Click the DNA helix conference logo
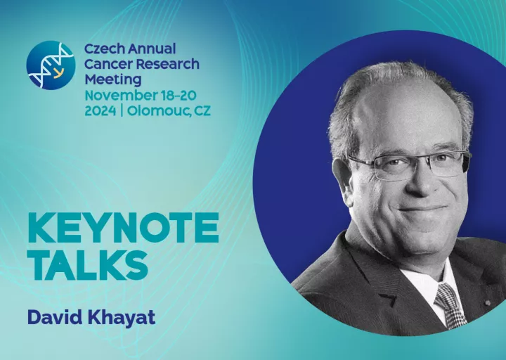(51, 65)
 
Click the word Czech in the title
(104, 49)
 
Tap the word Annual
(152, 49)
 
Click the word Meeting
(113, 79)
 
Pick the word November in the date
(120, 96)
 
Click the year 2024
(100, 111)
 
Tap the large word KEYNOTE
(124, 228)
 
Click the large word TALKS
(89, 265)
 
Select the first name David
(56, 317)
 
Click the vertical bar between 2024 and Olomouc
(122, 111)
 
